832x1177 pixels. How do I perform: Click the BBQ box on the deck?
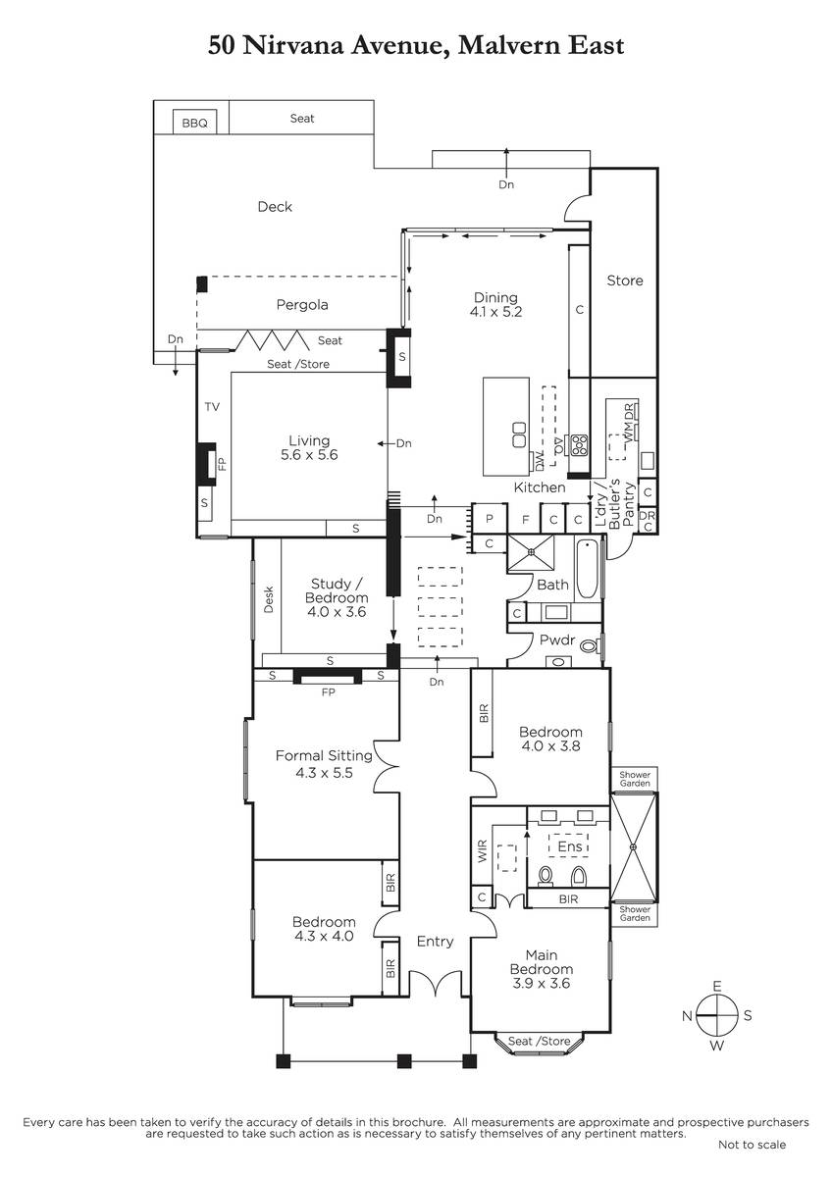194,122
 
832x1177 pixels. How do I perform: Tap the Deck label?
275,207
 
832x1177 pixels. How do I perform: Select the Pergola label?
302,305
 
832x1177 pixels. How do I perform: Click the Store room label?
625,281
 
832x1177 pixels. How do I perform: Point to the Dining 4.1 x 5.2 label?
495,304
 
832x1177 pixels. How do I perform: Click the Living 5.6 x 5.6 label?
309,447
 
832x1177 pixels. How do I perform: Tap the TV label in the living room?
212,406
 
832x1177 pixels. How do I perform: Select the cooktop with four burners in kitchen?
579,444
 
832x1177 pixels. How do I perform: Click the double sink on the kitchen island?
519,434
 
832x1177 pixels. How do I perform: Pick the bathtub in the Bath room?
587,569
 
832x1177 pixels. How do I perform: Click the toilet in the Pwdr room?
591,645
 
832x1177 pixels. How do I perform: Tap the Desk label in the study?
269,599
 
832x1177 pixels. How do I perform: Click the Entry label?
435,941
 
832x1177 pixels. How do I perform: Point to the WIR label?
483,850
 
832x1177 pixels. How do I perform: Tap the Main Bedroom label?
542,961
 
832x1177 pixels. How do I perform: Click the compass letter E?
717,986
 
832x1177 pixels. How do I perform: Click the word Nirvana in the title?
293,45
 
